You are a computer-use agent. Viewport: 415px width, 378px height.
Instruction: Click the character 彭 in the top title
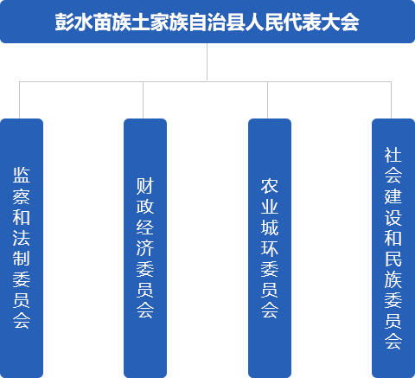point(64,22)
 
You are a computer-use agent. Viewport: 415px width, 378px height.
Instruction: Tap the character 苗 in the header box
point(102,22)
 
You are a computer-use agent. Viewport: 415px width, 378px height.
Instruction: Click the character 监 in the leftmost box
point(22,175)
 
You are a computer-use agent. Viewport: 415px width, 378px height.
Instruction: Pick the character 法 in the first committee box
point(22,237)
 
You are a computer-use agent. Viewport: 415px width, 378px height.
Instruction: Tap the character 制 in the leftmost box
point(22,258)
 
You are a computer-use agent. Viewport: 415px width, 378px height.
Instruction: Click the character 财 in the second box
point(145,186)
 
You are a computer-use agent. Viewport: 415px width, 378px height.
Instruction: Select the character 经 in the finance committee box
point(145,227)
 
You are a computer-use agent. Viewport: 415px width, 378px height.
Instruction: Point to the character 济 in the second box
point(145,248)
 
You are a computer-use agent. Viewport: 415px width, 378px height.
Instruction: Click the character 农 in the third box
point(270,186)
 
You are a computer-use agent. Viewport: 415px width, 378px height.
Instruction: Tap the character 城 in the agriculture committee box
point(270,227)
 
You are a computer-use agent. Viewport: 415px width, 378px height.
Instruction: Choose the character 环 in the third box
point(270,248)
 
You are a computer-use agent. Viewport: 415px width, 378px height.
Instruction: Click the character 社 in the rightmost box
point(393,155)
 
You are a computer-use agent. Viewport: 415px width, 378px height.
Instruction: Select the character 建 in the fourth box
point(393,196)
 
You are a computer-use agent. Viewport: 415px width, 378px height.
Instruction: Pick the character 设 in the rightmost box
point(393,217)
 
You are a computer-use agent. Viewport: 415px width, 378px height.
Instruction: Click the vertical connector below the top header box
point(207,61)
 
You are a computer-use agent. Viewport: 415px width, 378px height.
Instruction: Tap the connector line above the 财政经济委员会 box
point(144,100)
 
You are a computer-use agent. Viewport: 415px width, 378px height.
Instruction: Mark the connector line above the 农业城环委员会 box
point(267,100)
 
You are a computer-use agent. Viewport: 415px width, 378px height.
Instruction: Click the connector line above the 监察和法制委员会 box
point(19,100)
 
